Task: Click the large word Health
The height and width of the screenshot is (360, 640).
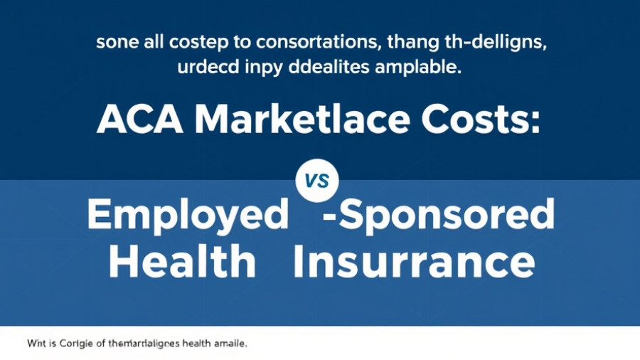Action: tap(182, 263)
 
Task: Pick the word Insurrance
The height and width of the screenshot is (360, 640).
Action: tap(413, 263)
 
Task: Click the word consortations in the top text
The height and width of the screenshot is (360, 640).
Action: tap(308, 43)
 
